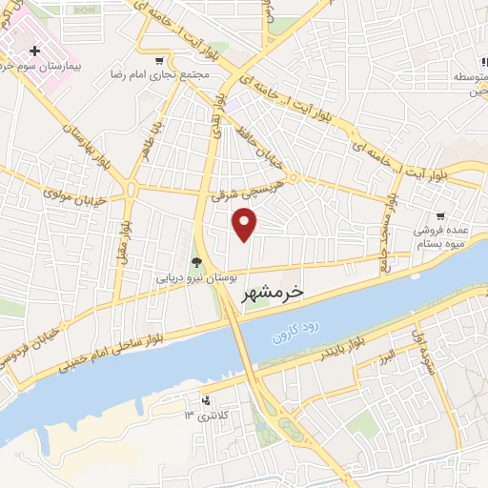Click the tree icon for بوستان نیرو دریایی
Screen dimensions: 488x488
coord(196,262)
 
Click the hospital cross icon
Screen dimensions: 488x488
coord(35,51)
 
